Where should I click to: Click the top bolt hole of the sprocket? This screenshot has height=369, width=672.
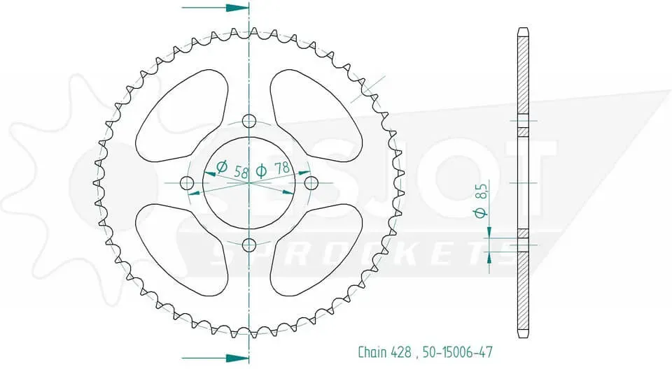[248, 120]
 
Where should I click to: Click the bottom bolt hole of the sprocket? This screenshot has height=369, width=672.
[248, 244]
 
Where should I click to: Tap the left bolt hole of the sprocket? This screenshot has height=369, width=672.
[187, 182]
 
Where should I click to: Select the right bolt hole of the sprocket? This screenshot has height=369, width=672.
[311, 182]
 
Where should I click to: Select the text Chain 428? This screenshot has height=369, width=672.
[384, 352]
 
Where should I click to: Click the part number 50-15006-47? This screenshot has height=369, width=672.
[456, 352]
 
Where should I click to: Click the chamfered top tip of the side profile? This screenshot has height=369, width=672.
[523, 31]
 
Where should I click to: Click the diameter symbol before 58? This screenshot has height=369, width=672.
[222, 167]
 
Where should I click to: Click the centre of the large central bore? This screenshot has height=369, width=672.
[248, 182]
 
